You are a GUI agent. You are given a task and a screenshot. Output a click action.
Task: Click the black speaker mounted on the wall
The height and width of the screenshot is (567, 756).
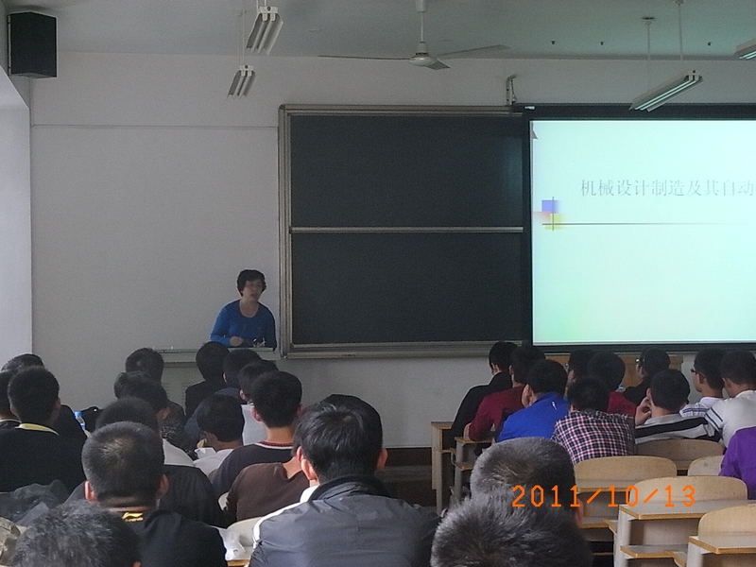pyautogui.click(x=32, y=44)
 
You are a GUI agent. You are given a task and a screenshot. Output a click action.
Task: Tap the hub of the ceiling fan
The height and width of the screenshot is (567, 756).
pyautogui.click(x=422, y=59)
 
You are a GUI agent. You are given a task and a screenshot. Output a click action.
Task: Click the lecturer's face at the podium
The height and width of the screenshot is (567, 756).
pyautogui.click(x=251, y=289)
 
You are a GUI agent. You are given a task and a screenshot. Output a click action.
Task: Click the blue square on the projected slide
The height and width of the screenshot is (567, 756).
pyautogui.click(x=549, y=206)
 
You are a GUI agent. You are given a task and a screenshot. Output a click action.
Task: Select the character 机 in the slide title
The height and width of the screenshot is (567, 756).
pyautogui.click(x=589, y=187)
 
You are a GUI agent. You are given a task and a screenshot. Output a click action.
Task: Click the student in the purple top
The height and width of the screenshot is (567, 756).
pyautogui.click(x=739, y=458)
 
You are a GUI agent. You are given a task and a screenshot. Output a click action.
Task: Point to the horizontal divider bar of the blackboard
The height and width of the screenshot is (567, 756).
pyautogui.click(x=406, y=230)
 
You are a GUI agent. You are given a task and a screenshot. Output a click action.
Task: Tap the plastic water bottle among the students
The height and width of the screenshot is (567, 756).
pyautogui.click(x=80, y=420)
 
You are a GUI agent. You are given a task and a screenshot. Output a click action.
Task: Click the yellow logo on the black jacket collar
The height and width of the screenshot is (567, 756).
pyautogui.click(x=131, y=517)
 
